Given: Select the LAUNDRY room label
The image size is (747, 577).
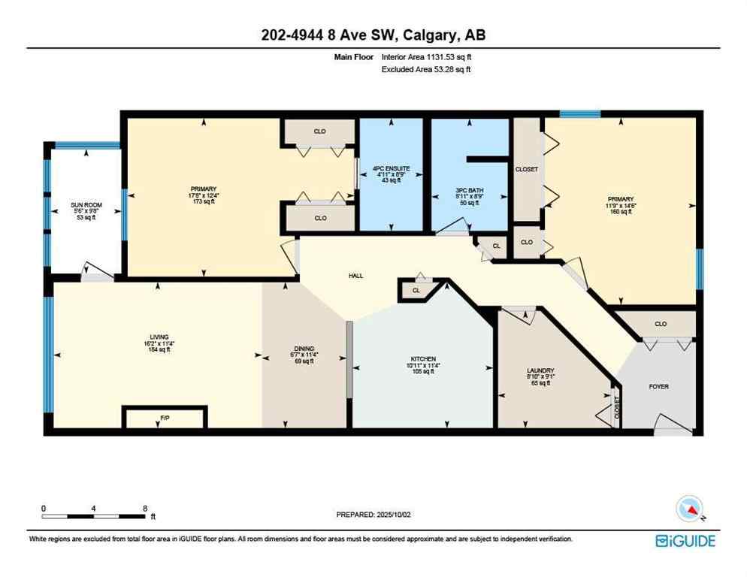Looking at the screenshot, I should [540, 370].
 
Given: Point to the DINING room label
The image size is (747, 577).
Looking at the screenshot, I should [304, 349].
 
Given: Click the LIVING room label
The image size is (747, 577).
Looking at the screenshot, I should [158, 337].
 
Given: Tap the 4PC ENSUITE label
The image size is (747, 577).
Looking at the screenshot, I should [389, 169].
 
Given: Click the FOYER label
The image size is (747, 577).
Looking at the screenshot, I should [658, 386].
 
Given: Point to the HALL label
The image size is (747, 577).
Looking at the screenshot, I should [355, 276].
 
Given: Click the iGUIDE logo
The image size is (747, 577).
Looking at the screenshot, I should [685, 541].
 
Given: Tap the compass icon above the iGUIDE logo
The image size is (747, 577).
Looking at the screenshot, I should [690, 510].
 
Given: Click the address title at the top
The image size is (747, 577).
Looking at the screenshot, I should [373, 35].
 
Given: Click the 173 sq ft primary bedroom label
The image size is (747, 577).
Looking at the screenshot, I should [204, 201].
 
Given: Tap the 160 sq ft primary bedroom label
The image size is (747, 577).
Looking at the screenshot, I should [622, 212].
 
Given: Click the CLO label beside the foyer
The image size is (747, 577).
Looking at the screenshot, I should [660, 324].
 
